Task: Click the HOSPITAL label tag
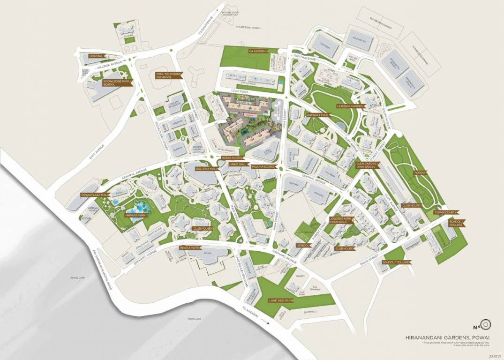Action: (x=96, y=56)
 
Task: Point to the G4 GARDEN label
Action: (x=257, y=50)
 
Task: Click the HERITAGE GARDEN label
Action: (x=350, y=106)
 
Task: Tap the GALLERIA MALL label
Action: (x=207, y=168)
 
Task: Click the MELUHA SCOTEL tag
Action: (x=263, y=167)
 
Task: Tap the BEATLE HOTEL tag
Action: (x=190, y=247)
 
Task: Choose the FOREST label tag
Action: (x=420, y=173)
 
